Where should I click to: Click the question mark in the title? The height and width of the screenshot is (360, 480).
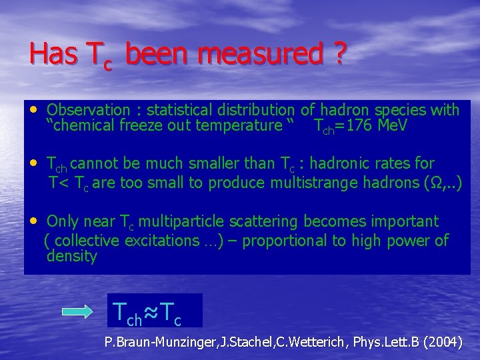(x=339, y=55)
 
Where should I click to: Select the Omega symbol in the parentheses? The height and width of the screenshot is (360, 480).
(x=430, y=183)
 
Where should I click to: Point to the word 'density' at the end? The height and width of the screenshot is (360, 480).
(x=72, y=257)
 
